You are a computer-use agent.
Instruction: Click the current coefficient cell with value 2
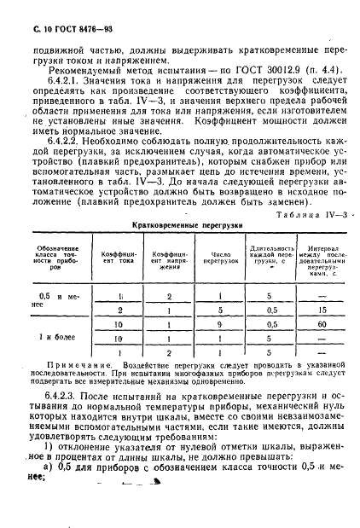119,311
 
